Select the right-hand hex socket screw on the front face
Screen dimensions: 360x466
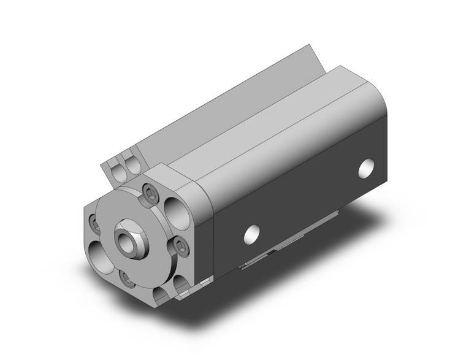(x=180, y=247)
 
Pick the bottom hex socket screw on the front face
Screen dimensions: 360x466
(x=127, y=278)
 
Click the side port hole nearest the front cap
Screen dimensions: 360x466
(x=250, y=233)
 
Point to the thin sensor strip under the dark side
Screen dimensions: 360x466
(x=288, y=246)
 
